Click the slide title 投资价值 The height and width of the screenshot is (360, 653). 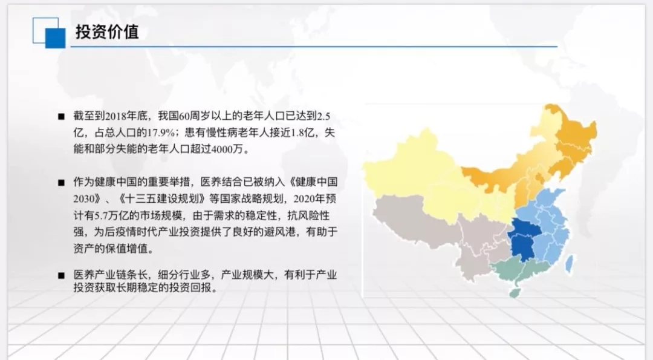click(107, 31)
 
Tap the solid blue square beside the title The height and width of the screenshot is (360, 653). click(55, 38)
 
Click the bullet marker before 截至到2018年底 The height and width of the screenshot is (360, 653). click(62, 117)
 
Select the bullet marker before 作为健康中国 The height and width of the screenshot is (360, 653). click(62, 183)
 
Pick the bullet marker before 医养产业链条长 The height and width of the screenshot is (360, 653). click(62, 275)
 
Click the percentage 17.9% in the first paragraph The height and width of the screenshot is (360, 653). click(161, 133)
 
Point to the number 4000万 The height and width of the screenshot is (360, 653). click(227, 149)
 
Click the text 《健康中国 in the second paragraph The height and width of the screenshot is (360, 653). click(313, 182)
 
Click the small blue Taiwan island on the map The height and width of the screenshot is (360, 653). click(569, 264)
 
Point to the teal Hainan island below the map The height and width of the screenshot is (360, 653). click(515, 292)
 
